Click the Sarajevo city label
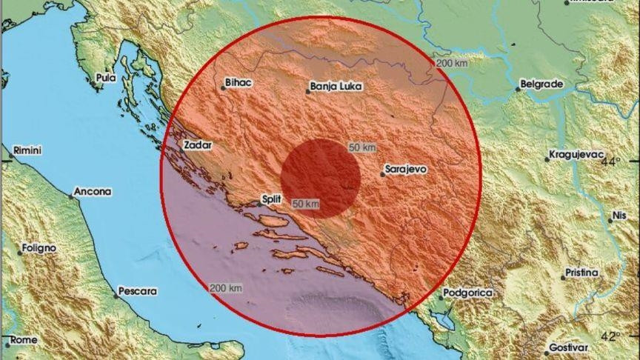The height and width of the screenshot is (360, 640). [x=407, y=170]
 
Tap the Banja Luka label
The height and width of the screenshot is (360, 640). [x=337, y=87]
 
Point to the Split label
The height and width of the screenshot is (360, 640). [x=272, y=199]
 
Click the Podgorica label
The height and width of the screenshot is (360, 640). [x=468, y=293]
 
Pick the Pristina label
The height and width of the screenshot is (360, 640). [x=581, y=273]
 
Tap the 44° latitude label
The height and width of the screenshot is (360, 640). [x=611, y=161]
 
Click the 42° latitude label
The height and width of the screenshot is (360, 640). [x=611, y=337]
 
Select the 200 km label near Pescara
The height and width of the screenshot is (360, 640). [x=226, y=288]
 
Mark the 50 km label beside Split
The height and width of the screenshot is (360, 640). [x=306, y=204]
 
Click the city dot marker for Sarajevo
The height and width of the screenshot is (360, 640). [x=382, y=174]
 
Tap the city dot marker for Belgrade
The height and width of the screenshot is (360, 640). [x=518, y=90]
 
